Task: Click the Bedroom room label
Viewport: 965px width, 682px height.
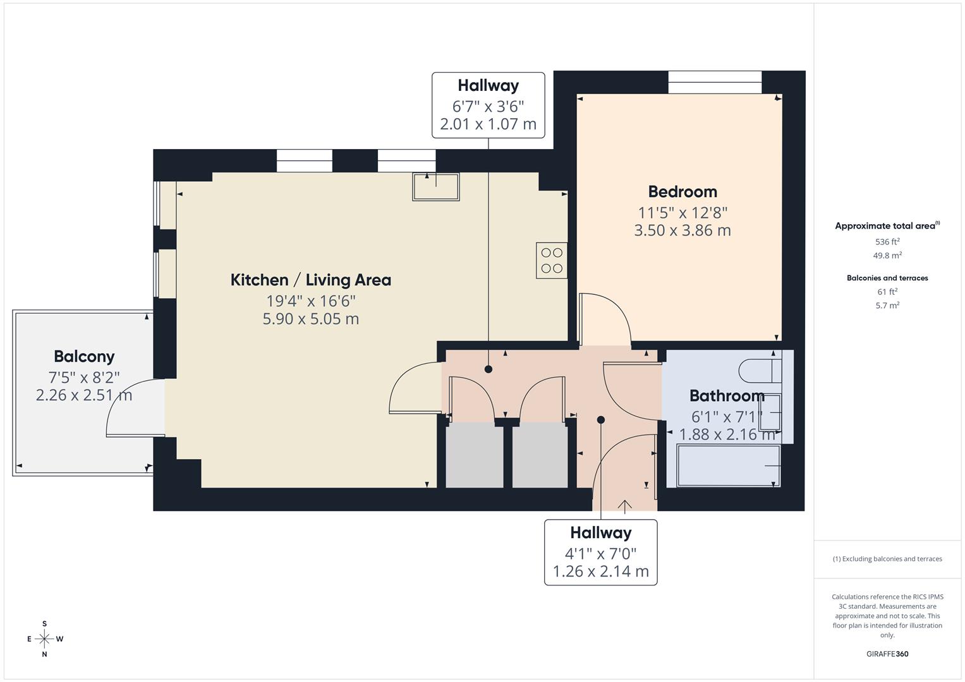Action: (x=683, y=191)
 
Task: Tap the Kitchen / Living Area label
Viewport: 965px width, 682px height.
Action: (x=310, y=280)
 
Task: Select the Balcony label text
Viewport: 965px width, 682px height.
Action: (x=84, y=357)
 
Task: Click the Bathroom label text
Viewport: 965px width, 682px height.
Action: (x=727, y=396)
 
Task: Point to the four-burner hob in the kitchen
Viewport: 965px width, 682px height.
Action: (x=552, y=260)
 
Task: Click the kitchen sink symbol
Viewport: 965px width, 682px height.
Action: (x=436, y=187)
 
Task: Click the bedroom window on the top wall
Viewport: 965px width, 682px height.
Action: (x=715, y=82)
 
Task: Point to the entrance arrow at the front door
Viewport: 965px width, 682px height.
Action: (x=625, y=506)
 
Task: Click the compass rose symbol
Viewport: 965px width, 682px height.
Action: (x=44, y=639)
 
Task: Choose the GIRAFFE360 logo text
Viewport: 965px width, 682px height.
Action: (x=887, y=654)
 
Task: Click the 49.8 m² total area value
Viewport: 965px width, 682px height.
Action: (x=887, y=256)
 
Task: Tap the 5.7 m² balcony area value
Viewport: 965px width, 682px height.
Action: (x=887, y=306)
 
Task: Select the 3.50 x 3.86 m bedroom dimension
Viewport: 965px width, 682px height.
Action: (x=683, y=230)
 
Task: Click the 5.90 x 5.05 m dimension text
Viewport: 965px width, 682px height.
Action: (x=310, y=319)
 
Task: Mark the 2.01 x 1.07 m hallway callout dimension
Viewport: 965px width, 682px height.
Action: (x=488, y=124)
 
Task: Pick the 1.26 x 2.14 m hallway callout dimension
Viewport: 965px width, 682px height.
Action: (x=600, y=571)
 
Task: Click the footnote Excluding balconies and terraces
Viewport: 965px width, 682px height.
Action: (x=887, y=559)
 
